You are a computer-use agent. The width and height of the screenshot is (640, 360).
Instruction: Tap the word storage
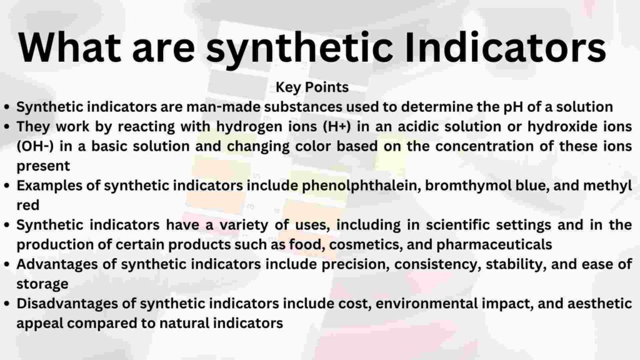coord(42,284)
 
